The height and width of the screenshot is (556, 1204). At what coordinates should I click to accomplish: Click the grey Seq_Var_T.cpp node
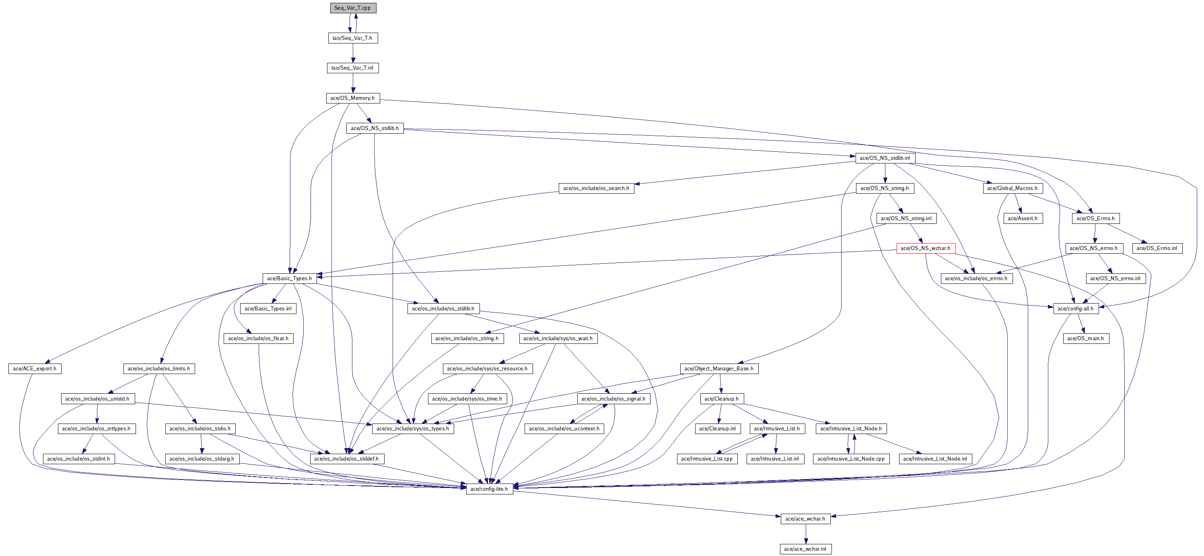point(353,8)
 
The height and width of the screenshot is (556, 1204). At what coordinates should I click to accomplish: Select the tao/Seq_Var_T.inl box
point(352,68)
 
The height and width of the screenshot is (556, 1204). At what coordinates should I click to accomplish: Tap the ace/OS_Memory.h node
point(352,98)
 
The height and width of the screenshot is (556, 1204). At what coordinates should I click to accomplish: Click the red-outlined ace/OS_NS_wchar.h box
point(926,248)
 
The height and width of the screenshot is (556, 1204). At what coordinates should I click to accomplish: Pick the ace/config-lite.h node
point(489,489)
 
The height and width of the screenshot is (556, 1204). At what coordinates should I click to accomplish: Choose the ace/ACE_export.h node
point(35,368)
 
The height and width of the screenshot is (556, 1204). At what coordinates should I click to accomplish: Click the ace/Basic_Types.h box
point(289,278)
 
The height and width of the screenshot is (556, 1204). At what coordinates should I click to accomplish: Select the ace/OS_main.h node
point(1086,339)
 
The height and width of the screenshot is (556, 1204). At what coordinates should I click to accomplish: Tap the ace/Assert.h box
point(1023,218)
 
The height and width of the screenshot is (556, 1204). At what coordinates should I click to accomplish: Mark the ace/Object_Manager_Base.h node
point(719,368)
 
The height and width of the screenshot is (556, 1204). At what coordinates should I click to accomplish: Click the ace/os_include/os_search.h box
point(596,188)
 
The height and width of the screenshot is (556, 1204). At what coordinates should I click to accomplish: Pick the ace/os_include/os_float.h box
point(259,339)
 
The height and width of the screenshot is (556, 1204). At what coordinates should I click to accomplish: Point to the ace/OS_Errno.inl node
point(1157,248)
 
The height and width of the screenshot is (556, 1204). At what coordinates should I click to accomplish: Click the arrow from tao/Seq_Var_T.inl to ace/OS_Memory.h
point(353,83)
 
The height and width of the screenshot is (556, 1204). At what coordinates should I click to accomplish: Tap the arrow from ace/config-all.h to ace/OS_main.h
point(1081,324)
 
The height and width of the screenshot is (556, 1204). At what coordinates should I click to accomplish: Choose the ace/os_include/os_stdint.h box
point(78,459)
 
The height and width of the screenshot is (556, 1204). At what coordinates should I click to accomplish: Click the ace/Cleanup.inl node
point(717,429)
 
